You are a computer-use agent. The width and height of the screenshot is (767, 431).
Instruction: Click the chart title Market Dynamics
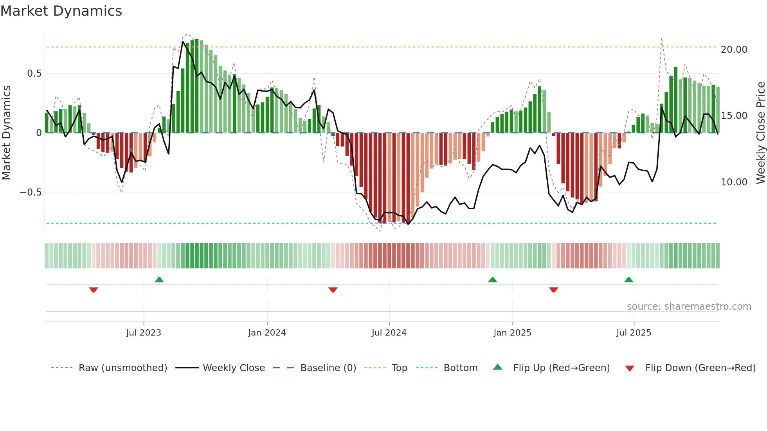61,11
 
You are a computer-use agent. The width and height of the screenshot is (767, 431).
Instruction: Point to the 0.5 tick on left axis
34,74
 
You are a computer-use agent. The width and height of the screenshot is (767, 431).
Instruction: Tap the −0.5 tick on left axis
31,192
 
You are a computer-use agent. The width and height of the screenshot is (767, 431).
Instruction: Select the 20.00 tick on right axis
734,50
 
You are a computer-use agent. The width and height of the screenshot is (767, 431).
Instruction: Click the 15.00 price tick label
734,116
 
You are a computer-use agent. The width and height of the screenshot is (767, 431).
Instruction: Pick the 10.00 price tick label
734,182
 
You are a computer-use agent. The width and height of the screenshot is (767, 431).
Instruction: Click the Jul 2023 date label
144,333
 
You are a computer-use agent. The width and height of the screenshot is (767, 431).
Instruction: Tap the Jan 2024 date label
267,333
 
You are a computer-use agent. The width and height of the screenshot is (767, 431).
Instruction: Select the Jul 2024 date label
389,333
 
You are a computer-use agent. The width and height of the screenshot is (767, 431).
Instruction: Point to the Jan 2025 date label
512,333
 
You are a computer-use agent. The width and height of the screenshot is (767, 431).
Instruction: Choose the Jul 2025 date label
634,333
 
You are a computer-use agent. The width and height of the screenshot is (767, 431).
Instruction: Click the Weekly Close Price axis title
760,133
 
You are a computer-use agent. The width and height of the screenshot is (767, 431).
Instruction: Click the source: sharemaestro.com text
689,307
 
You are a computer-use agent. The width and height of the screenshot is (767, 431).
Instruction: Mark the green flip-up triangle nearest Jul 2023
159,280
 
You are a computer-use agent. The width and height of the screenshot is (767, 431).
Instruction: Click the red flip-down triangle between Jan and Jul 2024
333,290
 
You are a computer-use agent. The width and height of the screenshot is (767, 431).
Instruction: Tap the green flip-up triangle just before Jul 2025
628,280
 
